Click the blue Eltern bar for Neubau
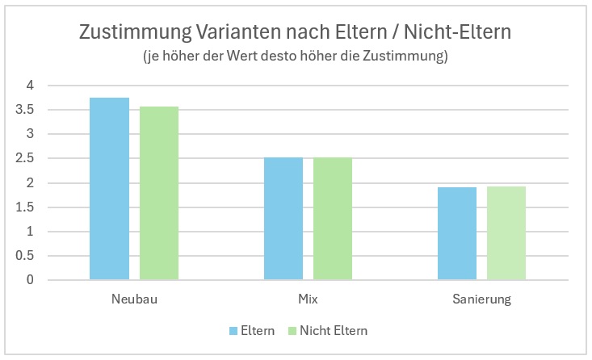pyautogui.click(x=109, y=189)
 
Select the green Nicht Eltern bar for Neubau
pyautogui.click(x=159, y=193)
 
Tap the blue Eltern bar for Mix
pyautogui.click(x=283, y=219)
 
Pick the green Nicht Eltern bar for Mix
pyautogui.click(x=333, y=219)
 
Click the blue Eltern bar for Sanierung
pyautogui.click(x=457, y=233)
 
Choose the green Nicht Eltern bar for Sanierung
pyautogui.click(x=506, y=233)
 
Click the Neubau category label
pyautogui.click(x=134, y=299)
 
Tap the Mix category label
pyautogui.click(x=308, y=299)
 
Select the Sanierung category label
pyautogui.click(x=481, y=299)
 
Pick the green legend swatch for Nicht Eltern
pyautogui.click(x=293, y=331)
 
